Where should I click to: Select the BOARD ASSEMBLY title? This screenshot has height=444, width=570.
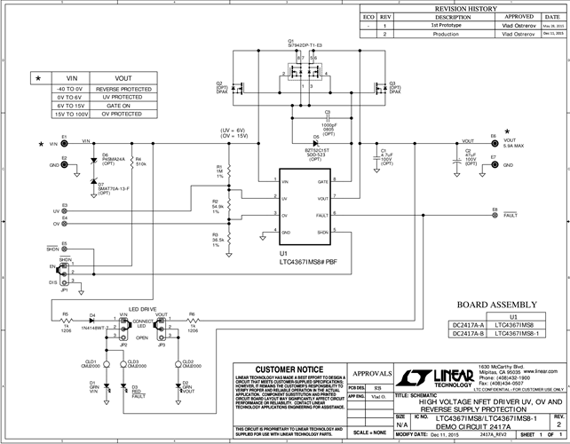click(x=488, y=304)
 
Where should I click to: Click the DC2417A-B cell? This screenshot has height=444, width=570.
click(x=461, y=335)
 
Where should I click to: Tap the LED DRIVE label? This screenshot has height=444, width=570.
click(x=142, y=308)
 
